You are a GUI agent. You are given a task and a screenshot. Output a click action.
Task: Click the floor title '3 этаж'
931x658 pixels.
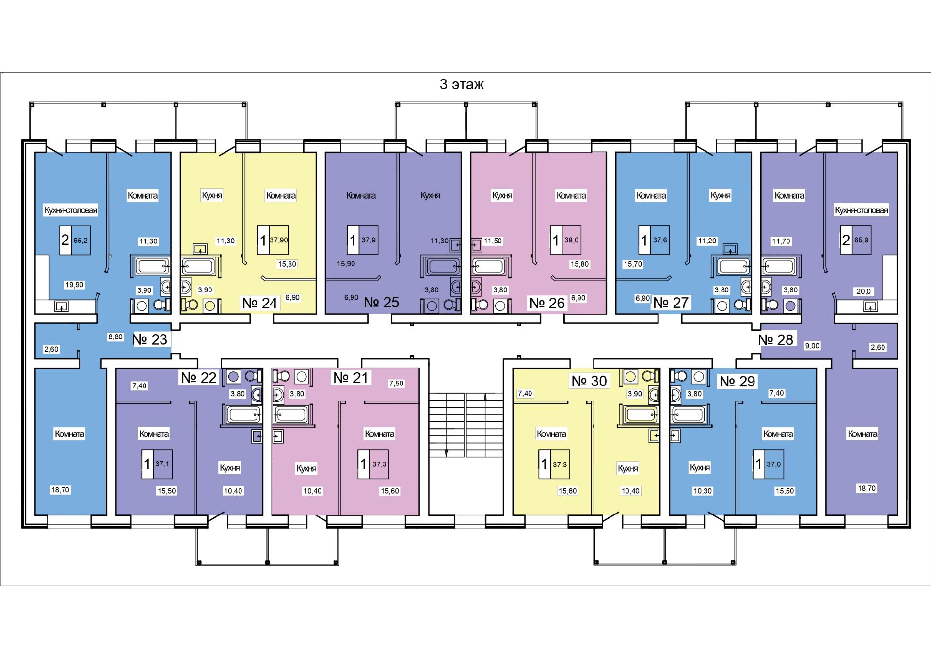pos(462,84)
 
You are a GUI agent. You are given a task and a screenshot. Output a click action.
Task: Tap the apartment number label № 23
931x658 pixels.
pos(150,339)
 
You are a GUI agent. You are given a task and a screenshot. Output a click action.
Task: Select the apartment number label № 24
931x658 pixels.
pos(259,303)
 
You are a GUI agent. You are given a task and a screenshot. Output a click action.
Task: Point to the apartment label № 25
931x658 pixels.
pos(381,303)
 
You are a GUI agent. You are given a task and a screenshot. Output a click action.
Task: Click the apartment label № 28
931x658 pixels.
pos(775,339)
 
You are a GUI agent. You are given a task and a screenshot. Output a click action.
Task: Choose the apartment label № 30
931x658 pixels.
pos(589,381)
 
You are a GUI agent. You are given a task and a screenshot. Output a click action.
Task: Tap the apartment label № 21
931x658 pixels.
pos(351,377)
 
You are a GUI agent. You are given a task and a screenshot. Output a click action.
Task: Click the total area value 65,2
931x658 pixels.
pos(80,240)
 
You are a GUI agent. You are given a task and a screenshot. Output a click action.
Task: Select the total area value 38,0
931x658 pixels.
pos(571,240)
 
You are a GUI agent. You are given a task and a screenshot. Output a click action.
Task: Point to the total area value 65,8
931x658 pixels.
pos(861,240)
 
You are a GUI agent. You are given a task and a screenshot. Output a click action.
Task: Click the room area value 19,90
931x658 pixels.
pos(74,285)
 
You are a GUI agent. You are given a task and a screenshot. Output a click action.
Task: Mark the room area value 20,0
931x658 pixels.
pos(864,291)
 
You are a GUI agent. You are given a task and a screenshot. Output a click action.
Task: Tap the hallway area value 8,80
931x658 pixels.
pos(115,337)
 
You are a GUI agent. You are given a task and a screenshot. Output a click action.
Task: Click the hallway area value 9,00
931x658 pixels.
pos(812,346)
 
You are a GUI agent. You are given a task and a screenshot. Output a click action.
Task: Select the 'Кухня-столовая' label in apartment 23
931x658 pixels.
pos(71,210)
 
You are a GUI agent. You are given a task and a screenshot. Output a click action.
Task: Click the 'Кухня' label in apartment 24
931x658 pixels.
pos(212,195)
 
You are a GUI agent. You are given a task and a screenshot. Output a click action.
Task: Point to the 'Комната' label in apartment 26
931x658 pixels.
pos(571,195)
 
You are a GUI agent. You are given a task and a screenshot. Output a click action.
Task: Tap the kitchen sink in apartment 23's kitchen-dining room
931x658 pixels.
pos(61,306)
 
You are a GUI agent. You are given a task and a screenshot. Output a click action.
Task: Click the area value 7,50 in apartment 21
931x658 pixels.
pos(396,383)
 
